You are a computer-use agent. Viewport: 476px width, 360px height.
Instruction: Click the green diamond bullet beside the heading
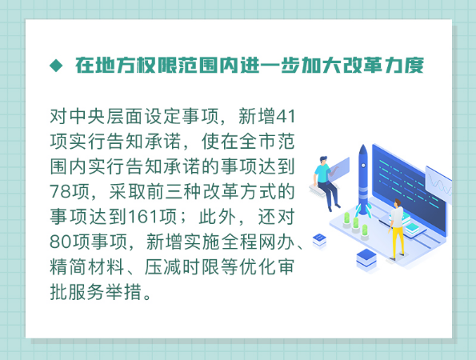tap(56, 66)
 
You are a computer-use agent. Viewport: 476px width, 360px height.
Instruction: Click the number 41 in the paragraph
tap(285, 116)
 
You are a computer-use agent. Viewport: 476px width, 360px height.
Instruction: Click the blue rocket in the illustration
tap(363, 180)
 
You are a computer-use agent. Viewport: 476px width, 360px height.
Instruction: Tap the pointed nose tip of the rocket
tap(362, 146)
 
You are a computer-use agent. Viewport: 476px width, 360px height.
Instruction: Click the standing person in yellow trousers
tap(398, 229)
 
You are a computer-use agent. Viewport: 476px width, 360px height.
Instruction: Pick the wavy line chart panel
tap(438, 184)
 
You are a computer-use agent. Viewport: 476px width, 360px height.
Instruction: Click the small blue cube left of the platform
tap(319, 241)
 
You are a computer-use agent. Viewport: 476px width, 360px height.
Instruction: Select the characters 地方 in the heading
tap(115, 66)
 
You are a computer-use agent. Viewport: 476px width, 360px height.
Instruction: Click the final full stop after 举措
tap(147, 296)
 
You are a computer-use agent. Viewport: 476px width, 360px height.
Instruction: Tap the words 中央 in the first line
tap(78, 116)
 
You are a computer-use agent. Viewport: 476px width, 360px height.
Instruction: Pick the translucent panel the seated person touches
tap(340, 169)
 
